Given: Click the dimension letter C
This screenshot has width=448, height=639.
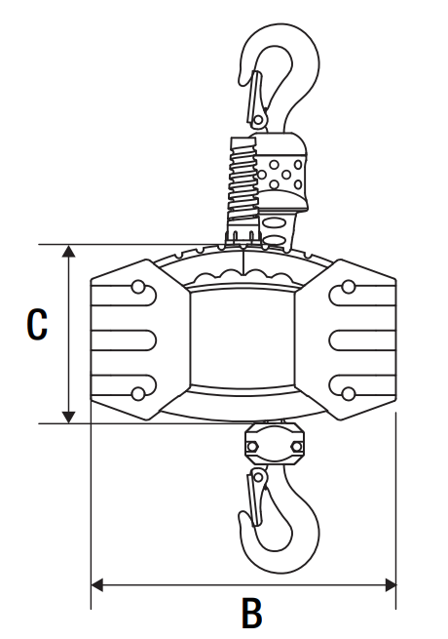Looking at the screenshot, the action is coord(37,325).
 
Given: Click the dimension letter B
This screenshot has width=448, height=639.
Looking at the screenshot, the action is coord(252,613).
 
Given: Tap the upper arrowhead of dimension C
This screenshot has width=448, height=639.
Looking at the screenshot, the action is coord(69,251).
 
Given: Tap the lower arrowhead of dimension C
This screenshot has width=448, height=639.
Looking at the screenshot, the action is coord(69,418).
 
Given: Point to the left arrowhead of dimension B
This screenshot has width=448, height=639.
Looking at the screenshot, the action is coord(96,585).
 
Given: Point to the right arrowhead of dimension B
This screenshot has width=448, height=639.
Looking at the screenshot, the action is coord(390,585).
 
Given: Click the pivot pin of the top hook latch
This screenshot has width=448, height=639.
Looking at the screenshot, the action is coord(258,120).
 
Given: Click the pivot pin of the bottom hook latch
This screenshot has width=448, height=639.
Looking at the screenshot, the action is coord(257,477).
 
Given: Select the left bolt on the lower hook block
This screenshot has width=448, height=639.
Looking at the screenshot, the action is coord(252,447).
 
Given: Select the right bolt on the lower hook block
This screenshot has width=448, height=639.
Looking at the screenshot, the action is coord(297,447).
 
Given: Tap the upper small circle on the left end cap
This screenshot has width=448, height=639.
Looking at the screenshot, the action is coord(138,287).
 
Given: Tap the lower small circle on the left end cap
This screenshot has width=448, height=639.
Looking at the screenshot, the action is coord(138,394).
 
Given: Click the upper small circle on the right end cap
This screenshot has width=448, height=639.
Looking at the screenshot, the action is coord(349,287).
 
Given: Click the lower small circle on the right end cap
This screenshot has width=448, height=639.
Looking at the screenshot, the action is coord(349,394).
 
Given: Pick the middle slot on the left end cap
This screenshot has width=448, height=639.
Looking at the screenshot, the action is coord(124,340).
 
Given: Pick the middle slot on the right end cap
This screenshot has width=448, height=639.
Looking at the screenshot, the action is coord(362,340).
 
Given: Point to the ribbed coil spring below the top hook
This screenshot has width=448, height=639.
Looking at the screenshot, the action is coord(243,180).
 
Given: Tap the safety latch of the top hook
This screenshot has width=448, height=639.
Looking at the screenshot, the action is coord(256,98).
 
